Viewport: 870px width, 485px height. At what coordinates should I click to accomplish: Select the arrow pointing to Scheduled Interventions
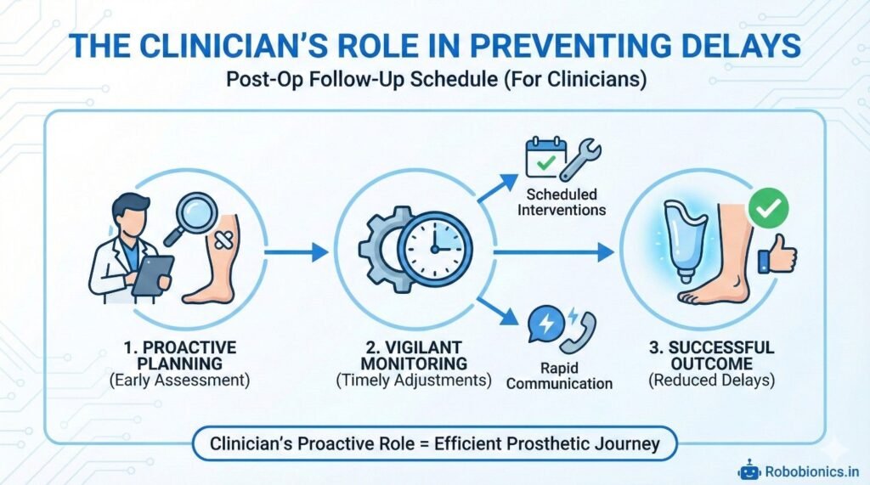[x=497, y=190]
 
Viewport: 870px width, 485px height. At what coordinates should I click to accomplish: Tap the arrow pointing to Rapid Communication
[x=497, y=311]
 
